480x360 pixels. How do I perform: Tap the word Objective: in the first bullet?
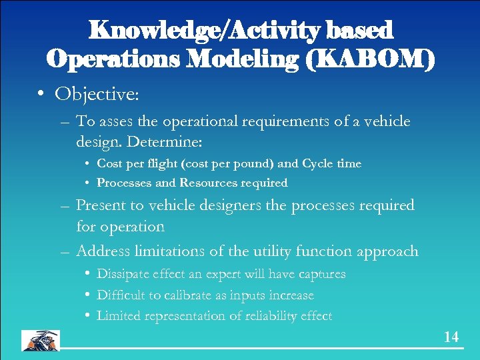[x=97, y=95]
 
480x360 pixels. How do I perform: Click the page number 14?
[x=451, y=337]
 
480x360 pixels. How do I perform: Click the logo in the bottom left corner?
[x=41, y=340]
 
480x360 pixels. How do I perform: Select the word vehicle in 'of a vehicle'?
[x=388, y=121]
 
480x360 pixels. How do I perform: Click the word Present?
[x=101, y=205]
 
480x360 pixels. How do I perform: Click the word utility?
[x=273, y=251]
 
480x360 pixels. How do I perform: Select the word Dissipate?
[x=121, y=274]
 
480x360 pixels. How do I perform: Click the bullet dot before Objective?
[x=42, y=95]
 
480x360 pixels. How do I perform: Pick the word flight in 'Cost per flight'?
[x=162, y=163]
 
